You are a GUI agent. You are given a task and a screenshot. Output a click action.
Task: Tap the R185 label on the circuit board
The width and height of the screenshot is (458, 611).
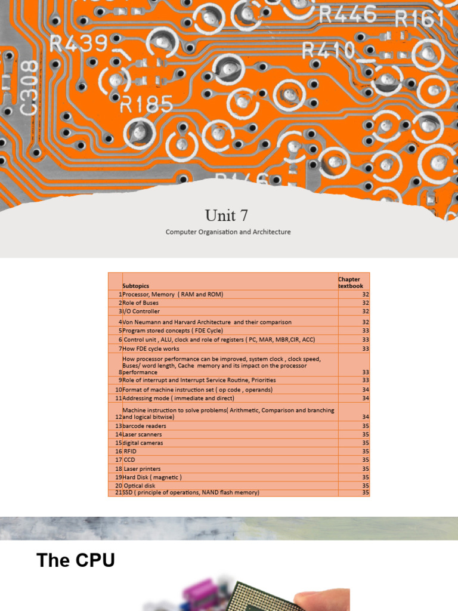[146, 106]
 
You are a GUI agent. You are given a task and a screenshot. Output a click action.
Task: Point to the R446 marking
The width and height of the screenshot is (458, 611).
[348, 14]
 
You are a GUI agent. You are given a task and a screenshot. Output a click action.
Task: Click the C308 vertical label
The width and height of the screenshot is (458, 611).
[30, 87]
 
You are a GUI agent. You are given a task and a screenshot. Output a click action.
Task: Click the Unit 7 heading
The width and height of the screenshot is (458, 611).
[227, 215]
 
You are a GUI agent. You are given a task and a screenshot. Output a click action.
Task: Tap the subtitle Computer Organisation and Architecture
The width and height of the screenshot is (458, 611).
[228, 232]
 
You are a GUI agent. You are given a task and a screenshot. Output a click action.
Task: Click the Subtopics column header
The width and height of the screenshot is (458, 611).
[135, 286]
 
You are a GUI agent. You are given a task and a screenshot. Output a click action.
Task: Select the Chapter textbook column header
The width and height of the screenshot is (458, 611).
[351, 282]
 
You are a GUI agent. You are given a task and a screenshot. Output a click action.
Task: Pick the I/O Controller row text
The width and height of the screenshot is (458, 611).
[141, 311]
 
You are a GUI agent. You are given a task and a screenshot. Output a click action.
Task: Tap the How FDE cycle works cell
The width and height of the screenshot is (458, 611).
[151, 348]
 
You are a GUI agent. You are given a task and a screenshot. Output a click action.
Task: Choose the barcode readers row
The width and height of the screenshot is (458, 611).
[144, 426]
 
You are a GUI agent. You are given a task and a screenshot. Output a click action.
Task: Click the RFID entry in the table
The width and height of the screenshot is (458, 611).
[130, 452]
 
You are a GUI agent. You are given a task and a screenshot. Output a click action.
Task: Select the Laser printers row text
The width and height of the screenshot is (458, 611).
[143, 469]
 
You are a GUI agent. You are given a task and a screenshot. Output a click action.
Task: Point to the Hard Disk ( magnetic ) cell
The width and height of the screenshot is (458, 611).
[152, 477]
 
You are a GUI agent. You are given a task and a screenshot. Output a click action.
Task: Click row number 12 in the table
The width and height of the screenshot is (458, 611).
[119, 416]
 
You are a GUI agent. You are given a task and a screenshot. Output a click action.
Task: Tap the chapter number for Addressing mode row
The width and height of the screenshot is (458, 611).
[366, 398]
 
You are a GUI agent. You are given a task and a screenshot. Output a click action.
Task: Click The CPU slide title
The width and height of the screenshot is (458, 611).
[76, 560]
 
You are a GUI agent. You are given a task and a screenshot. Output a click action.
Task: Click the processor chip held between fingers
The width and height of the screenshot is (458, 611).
[265, 597]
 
